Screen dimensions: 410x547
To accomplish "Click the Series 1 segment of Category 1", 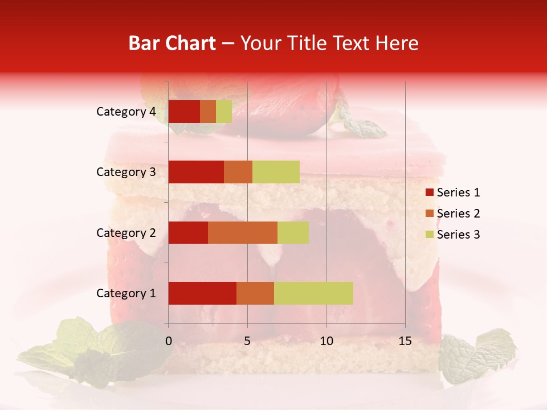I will pos(202,293).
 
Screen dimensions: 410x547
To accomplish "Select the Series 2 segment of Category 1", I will pos(255,293).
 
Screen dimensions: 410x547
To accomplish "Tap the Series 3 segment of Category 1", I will pos(313,293).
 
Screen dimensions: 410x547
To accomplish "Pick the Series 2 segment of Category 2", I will pos(243,232).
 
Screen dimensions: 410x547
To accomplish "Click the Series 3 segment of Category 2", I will pos(293,232).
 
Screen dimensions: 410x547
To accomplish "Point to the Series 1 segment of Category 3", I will pos(196,172).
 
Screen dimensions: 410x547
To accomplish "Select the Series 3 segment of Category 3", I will pos(276,172).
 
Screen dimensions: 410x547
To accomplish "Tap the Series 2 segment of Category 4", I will pos(208,112).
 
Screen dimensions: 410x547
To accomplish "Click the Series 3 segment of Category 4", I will pos(224,112).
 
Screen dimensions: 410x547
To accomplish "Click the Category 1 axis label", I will pos(126,293).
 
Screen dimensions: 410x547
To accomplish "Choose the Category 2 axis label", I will pos(126,233).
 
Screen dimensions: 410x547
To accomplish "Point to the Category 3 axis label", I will pos(126,172).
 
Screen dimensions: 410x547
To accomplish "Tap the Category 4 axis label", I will pos(126,112).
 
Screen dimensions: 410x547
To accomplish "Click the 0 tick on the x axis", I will pos(169,341).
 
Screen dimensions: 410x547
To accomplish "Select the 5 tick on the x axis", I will pos(247,341).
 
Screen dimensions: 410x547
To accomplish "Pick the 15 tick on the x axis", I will pos(405,341).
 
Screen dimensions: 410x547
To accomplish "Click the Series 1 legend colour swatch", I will pos(429,192).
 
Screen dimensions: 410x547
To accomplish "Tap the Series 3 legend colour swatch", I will pos(429,235).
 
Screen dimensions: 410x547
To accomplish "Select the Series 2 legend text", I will pos(458,214).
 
